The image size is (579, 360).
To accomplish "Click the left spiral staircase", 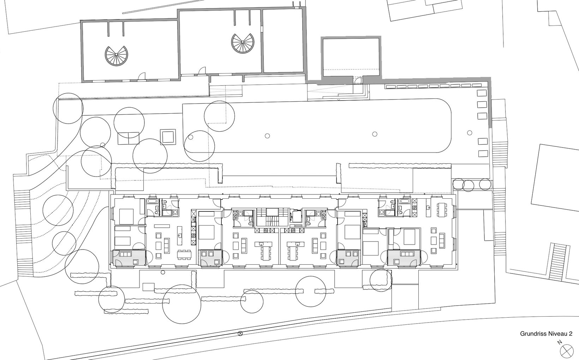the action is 116,56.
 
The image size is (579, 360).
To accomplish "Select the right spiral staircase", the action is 243,43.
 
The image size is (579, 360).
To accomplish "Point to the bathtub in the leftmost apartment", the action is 151,201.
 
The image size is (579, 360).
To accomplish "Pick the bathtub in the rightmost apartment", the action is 403,201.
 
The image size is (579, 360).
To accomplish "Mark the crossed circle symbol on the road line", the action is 240,334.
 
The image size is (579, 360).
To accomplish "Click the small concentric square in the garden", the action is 168,137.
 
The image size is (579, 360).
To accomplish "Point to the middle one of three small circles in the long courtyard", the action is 375,134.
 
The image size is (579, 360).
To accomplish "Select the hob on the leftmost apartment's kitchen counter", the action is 193,235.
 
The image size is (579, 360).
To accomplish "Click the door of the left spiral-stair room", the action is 142,76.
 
